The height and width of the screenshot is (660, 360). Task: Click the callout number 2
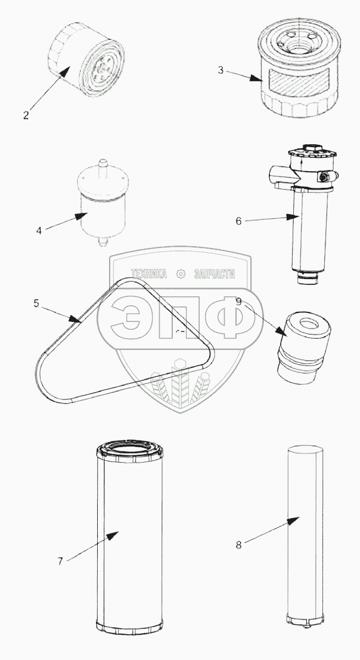[x=26, y=115]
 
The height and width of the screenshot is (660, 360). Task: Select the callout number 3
[x=221, y=70]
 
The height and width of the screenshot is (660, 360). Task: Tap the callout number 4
[x=39, y=230]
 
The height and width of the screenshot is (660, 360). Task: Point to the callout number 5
[x=36, y=303]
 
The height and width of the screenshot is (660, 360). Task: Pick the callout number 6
[x=238, y=221]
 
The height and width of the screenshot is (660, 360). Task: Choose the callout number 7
[x=60, y=561]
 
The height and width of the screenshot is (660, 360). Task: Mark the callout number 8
[x=238, y=545]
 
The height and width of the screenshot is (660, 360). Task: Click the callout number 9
[x=239, y=301]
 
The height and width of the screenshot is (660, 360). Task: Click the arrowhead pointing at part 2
[x=64, y=72]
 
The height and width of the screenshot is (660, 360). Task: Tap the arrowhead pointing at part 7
[x=112, y=535]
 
